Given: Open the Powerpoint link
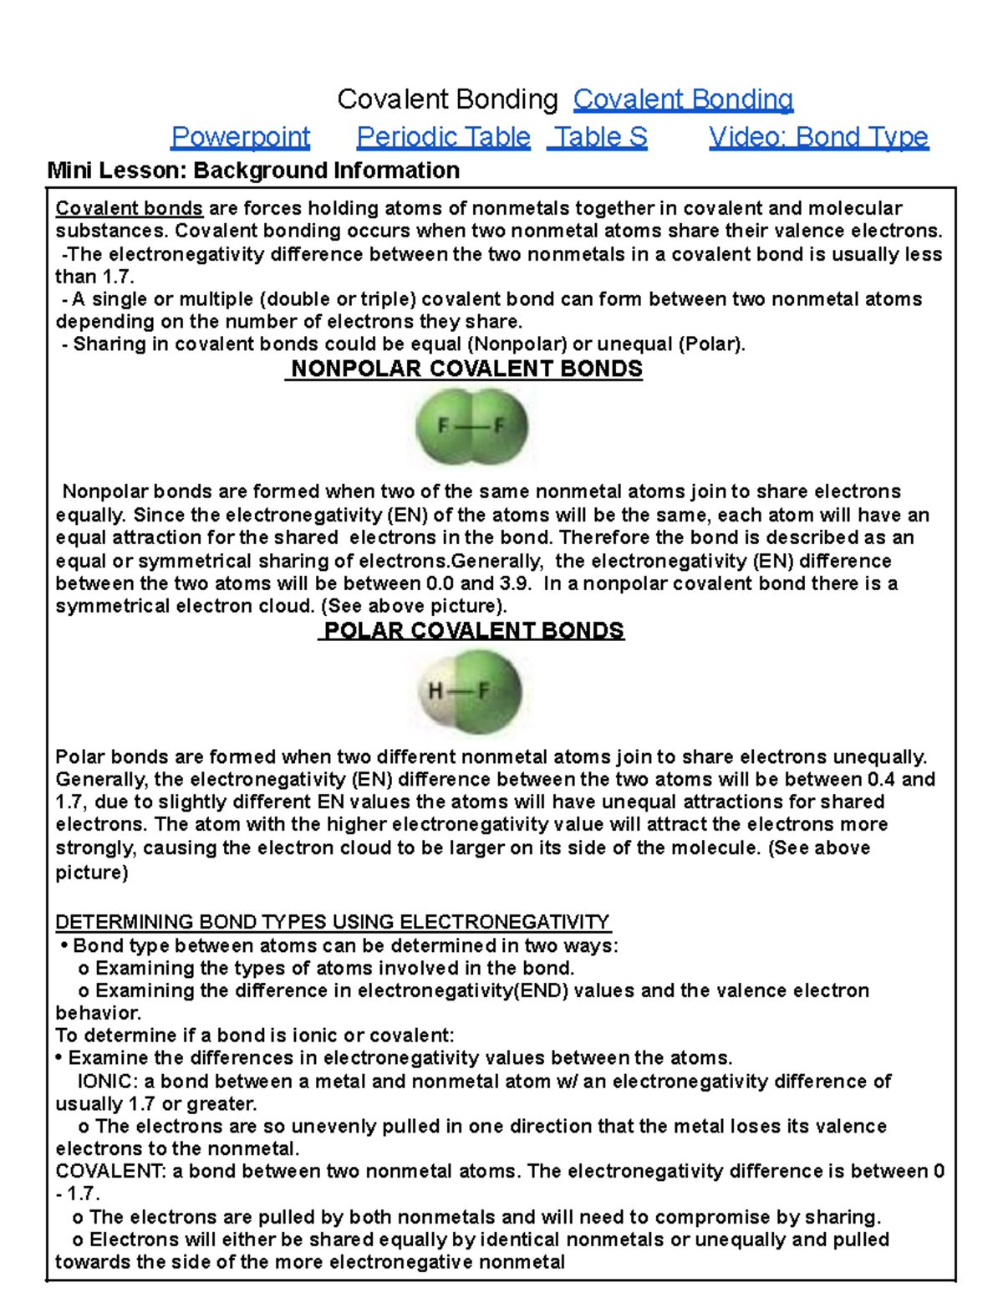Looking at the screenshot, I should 240,136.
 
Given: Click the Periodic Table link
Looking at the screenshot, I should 443,136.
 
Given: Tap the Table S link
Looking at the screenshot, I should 598,136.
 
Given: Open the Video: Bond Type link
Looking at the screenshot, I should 818,136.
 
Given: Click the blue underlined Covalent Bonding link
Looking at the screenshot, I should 683,99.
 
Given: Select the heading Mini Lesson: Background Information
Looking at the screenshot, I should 253,171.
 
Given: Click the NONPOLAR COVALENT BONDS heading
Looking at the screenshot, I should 466,369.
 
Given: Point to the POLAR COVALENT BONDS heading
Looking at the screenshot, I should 472,630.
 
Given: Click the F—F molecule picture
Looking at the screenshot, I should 471,427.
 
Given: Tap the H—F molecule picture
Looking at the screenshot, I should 471,692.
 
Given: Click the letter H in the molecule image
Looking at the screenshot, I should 435,691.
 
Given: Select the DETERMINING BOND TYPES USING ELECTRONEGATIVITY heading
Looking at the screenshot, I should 333,922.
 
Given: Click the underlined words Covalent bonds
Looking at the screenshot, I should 129,208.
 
